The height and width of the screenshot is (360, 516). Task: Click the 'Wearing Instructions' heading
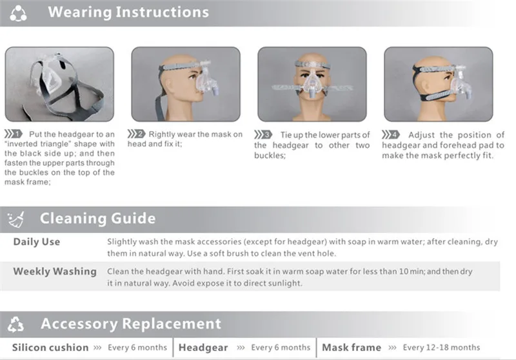[128, 12]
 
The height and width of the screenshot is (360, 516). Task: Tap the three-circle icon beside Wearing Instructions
[18, 13]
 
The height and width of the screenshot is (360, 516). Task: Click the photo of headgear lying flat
[59, 85]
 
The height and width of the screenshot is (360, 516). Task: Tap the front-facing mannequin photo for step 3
[312, 85]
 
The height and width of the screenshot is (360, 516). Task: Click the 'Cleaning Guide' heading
[98, 219]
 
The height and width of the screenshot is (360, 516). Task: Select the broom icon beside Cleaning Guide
[15, 219]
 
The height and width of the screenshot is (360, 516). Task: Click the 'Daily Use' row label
[37, 242]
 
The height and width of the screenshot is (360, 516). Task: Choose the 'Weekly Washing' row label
[55, 272]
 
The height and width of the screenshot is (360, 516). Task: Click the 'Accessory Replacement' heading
[131, 324]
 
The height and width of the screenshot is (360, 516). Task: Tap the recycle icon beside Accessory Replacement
[15, 324]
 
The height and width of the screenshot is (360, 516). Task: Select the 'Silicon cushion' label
[50, 348]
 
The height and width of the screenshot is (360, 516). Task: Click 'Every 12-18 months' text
[441, 348]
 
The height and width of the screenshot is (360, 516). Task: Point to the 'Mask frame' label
[352, 348]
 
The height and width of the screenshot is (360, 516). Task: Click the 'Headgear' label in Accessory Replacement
[203, 348]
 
